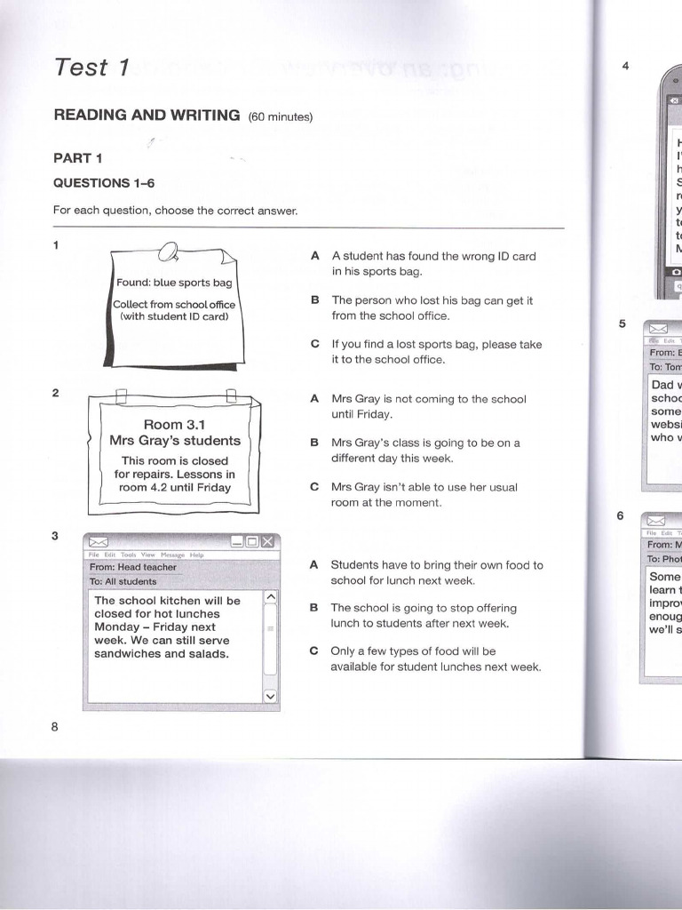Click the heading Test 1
point(92,68)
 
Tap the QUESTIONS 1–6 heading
point(104,183)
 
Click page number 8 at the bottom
point(55,726)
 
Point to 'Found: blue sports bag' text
point(174,283)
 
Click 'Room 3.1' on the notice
point(174,425)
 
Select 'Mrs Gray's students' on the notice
point(174,441)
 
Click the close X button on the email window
point(269,542)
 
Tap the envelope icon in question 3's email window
point(97,542)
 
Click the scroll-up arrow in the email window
point(271,596)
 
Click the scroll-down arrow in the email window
point(271,696)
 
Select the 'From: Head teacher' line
point(133,567)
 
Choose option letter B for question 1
point(315,300)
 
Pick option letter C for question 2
point(314,487)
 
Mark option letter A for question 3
point(313,564)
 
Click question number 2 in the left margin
point(55,393)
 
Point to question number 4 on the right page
point(625,67)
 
